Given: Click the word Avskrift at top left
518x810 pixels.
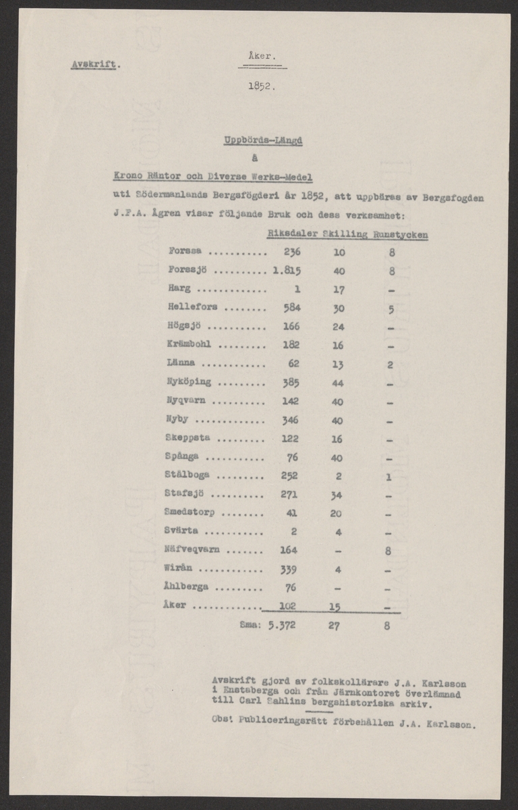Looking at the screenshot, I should click(94, 65).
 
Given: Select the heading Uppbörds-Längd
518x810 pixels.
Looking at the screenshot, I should click(263, 141).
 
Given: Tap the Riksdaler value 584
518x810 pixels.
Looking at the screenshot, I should click(291, 307).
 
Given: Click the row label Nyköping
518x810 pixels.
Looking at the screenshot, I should click(189, 382).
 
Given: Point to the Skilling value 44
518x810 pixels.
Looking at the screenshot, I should click(338, 382).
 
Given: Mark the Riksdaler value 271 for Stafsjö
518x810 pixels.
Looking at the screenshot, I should click(289, 493).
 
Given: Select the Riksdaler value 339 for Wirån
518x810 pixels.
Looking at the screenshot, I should click(289, 568).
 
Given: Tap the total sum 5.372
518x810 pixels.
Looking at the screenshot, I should click(282, 625).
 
